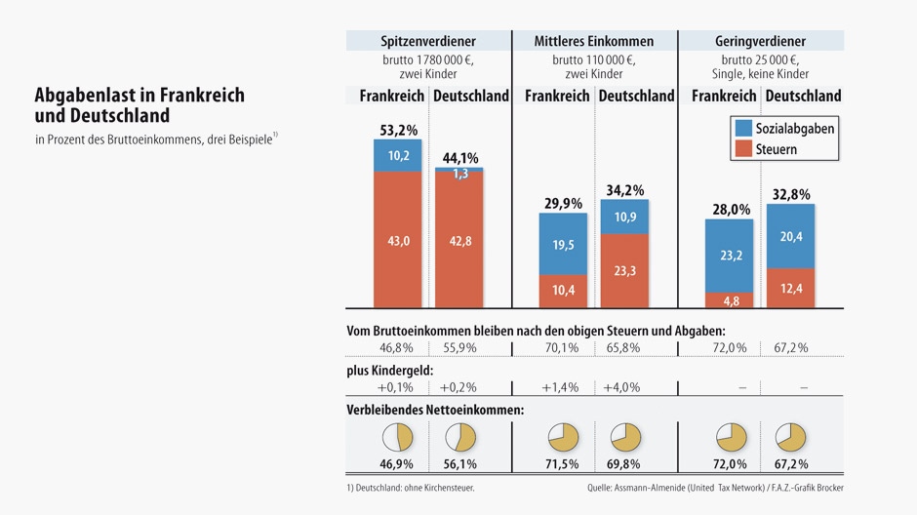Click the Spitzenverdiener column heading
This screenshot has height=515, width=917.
428,41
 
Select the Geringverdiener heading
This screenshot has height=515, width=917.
761,41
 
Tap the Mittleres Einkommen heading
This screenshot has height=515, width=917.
594,41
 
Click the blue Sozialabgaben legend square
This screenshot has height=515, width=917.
742,128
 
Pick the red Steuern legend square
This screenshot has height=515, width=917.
742,149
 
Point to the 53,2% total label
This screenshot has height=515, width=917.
398,130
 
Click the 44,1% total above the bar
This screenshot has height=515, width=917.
459,157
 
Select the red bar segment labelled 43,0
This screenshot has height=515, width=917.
398,240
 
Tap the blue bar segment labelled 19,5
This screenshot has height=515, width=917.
564,244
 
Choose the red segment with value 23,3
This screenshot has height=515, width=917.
624,271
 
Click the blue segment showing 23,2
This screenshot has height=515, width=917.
730,256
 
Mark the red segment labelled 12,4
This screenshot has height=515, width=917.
790,288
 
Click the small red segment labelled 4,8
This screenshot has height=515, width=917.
730,300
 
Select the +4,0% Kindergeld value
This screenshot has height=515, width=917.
622,387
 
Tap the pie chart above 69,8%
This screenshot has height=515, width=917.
624,437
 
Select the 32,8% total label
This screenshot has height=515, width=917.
791,195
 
